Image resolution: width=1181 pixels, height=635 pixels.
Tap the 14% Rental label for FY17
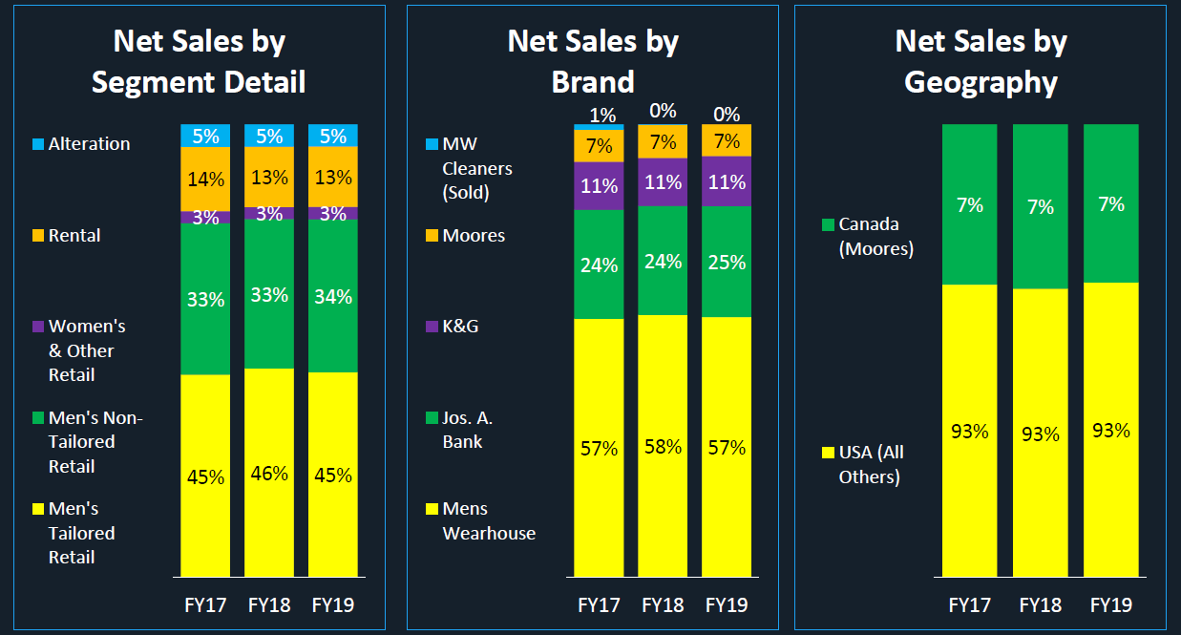[205, 179]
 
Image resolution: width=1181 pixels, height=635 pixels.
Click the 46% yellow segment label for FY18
[269, 474]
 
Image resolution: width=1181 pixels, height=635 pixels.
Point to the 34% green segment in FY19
[333, 297]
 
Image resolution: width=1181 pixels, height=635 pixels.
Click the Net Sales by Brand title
[593, 61]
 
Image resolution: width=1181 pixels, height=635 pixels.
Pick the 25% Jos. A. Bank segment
[727, 262]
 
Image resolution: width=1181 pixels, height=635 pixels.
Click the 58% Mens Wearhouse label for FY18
[663, 447]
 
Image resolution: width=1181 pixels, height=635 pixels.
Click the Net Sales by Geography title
[981, 61]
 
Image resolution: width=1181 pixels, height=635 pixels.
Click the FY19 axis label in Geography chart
[1111, 605]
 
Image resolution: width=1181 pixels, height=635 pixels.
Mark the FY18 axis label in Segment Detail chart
[269, 605]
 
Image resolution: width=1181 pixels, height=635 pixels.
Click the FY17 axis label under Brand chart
[599, 605]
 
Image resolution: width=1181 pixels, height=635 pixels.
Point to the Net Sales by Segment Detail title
[199, 61]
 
